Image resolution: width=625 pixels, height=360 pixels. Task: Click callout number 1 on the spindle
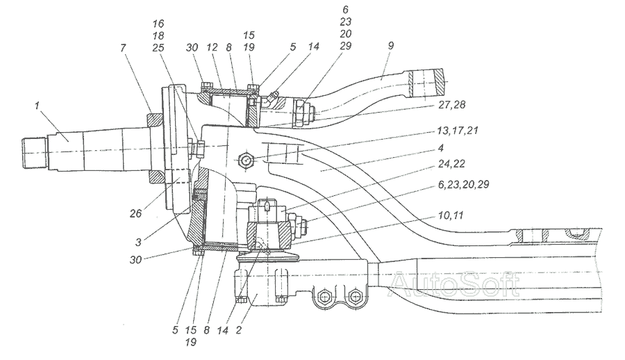[x=37, y=106]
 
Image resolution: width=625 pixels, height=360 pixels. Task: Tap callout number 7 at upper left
[x=123, y=48]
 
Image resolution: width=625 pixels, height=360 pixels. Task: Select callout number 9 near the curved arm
[x=390, y=45]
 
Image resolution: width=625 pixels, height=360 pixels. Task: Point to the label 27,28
[x=451, y=104]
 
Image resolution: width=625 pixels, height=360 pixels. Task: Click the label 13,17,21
[x=458, y=131]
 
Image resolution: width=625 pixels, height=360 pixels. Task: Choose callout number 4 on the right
[x=440, y=148]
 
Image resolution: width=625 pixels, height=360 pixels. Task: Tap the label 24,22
[x=451, y=164]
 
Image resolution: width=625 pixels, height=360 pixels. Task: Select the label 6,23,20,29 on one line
[x=463, y=184]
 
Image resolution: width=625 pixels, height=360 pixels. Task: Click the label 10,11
[x=451, y=215]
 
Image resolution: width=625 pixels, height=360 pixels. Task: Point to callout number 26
[x=135, y=213]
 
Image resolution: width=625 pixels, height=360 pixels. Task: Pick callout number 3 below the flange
[x=138, y=243]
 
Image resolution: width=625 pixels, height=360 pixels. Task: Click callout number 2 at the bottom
[x=238, y=331]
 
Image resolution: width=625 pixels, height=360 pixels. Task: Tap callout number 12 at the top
[x=212, y=47]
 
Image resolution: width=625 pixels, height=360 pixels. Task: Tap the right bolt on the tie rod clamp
[x=354, y=297]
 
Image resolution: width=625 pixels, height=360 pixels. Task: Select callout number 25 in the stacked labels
[x=158, y=47]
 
